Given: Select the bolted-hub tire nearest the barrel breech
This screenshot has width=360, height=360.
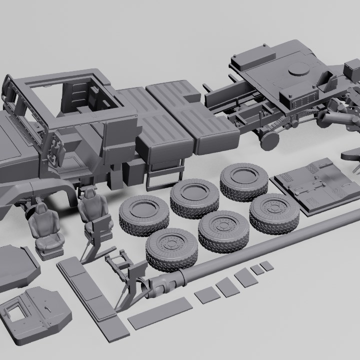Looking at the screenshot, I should (171, 248).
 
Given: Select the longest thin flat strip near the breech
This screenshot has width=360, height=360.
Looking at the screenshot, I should (160, 313).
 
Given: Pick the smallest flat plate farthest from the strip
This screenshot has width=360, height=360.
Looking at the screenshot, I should (267, 265).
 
